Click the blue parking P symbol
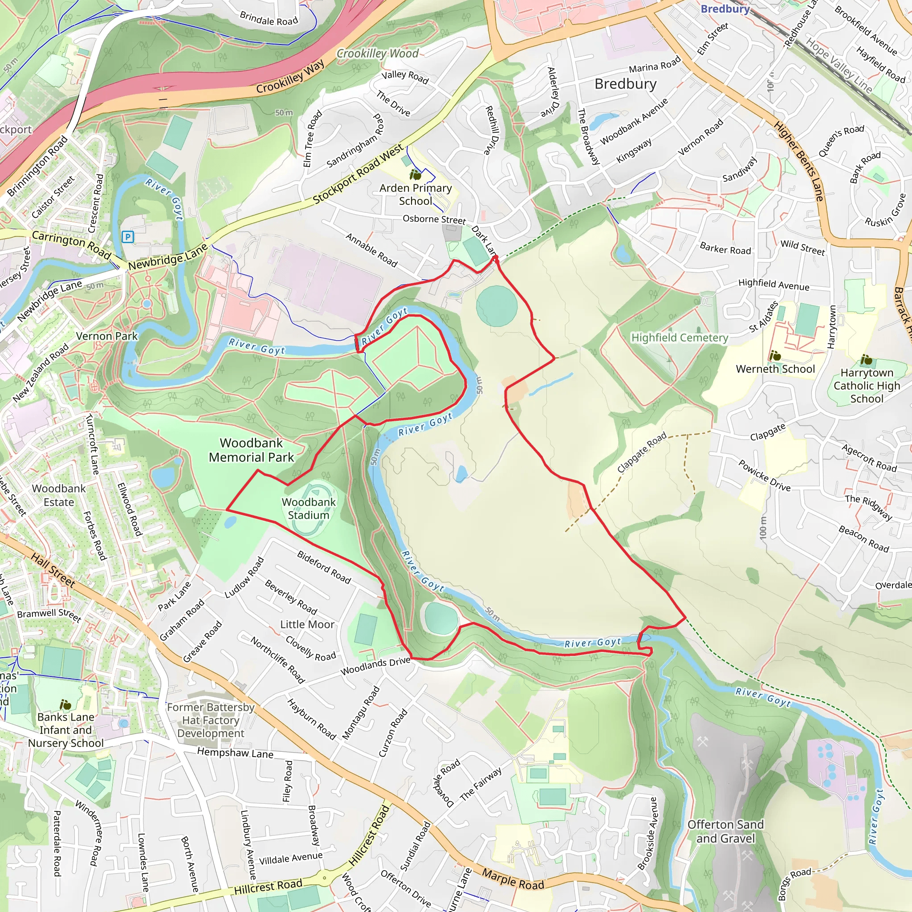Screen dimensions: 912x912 pyautogui.click(x=127, y=236)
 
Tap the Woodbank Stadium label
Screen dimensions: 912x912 pyautogui.click(x=309, y=509)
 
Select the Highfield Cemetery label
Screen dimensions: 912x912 pyautogui.click(x=680, y=338)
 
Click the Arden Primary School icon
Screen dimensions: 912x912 pyautogui.click(x=415, y=175)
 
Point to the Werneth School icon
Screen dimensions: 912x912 pyautogui.click(x=775, y=355)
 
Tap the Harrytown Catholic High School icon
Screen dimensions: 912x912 pyautogui.click(x=866, y=360)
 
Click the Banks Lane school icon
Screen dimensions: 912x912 pyautogui.click(x=65, y=705)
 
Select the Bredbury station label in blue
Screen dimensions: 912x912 pyautogui.click(x=725, y=8)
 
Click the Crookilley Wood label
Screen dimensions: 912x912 pyautogui.click(x=377, y=53)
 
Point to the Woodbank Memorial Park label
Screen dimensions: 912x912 pyautogui.click(x=251, y=450)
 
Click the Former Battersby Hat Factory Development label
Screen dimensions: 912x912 pyautogui.click(x=211, y=720)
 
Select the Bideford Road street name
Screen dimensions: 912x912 pyautogui.click(x=324, y=567)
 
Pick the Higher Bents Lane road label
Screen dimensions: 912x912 pyautogui.click(x=799, y=160)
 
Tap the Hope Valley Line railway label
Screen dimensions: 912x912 pyautogui.click(x=839, y=65)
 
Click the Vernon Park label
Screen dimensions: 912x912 pyautogui.click(x=107, y=336)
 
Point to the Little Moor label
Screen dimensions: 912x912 pyautogui.click(x=307, y=624)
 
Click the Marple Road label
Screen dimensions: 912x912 pyautogui.click(x=513, y=879)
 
